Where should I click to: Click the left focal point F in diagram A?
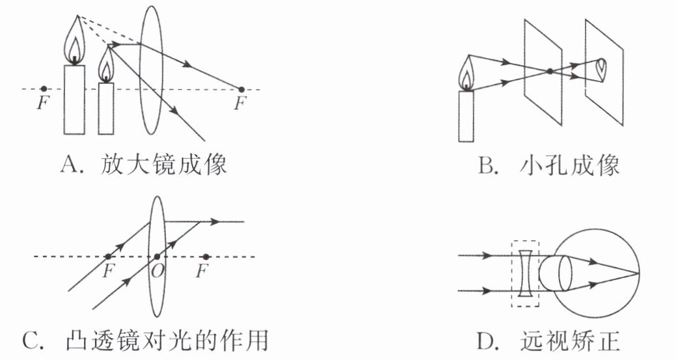[x=43, y=89]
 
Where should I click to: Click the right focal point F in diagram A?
[x=241, y=89]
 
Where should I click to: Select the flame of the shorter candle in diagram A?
[x=106, y=66]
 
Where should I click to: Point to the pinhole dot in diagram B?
[x=550, y=71]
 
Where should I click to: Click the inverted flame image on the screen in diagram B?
[x=602, y=66]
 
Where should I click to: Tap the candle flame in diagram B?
[x=466, y=73]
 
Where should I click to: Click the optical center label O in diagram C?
[x=156, y=269]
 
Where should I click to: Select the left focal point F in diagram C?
[x=108, y=256]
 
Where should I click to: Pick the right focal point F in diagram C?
[x=206, y=256]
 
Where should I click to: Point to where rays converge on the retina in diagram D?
[x=638, y=271]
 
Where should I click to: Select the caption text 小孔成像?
[x=569, y=167]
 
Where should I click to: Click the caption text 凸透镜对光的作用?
[x=167, y=340]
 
